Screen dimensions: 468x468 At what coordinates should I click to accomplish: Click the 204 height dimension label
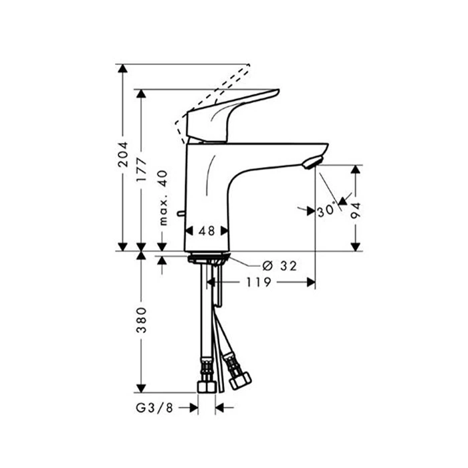pos(122,154)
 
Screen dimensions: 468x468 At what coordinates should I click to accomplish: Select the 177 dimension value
pos(141,170)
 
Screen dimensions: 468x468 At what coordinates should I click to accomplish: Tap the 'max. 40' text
pos(163,198)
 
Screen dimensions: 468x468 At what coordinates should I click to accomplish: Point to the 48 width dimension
pos(207,231)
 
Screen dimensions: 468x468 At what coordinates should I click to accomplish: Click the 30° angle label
pos(326,210)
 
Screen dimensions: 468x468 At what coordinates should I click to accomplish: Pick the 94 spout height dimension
pos(356,211)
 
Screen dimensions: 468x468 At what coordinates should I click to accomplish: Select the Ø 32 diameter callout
pos(279,265)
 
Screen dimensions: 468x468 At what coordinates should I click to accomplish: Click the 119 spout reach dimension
pos(259,281)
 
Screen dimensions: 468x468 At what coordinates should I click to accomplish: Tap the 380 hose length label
pos(141,320)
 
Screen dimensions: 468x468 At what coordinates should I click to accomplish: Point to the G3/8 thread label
pos(154,408)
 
